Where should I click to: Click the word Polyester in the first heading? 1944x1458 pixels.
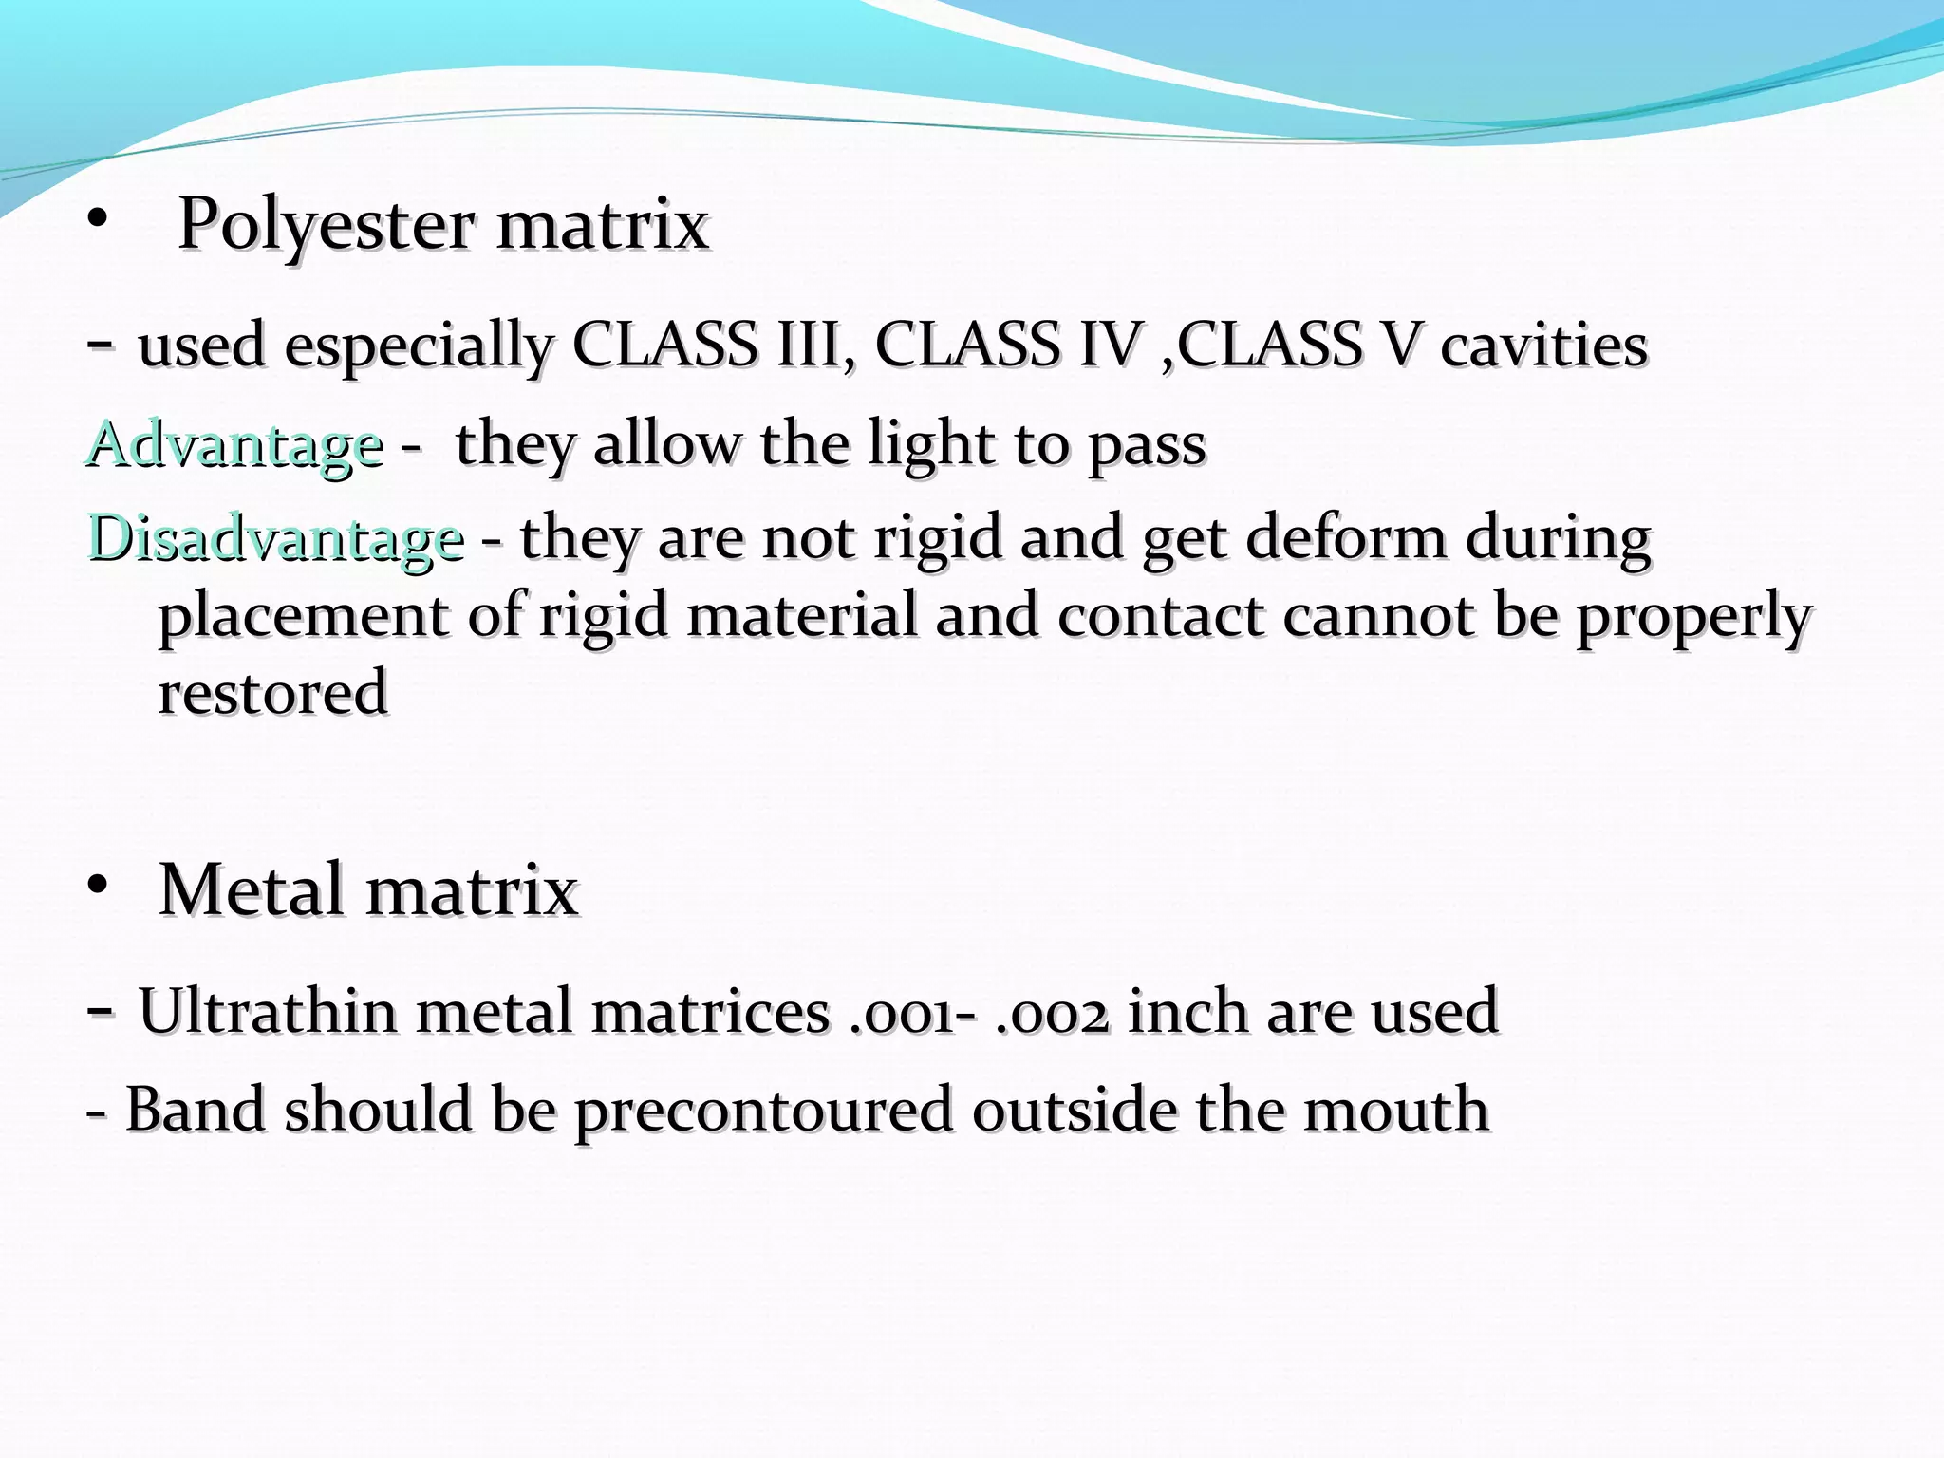(x=326, y=226)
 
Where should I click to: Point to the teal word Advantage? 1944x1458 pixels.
(x=235, y=444)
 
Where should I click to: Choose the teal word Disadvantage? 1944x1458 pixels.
(x=276, y=538)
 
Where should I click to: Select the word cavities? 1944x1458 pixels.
(x=1543, y=346)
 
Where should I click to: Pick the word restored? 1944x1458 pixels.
(x=272, y=692)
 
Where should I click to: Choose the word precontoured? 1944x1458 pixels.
(x=763, y=1110)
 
